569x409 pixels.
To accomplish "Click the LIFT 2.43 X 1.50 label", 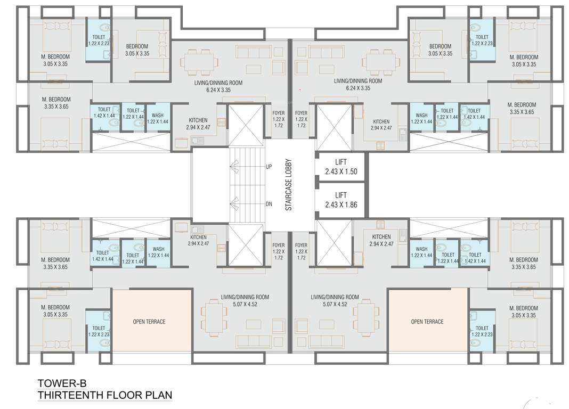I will point(341,166).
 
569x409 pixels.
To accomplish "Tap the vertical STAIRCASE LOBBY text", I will point(289,184).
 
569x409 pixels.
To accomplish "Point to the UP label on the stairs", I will point(269,167).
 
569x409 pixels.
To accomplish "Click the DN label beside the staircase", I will point(269,203).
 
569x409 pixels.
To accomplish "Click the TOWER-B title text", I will point(62,383).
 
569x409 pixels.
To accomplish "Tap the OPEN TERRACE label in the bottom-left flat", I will point(149,322).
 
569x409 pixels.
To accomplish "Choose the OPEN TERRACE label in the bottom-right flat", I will point(427,322).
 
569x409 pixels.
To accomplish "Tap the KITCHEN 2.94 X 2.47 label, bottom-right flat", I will point(381,240).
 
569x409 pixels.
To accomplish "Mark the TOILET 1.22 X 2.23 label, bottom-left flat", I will point(99,331).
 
